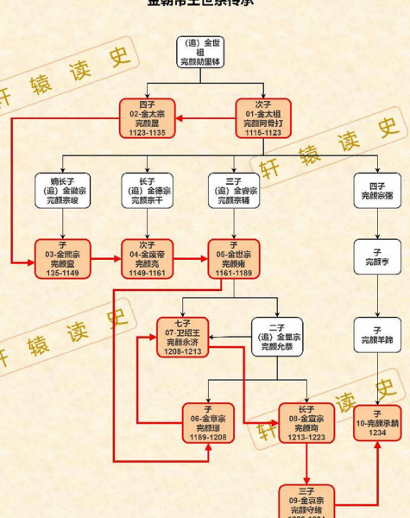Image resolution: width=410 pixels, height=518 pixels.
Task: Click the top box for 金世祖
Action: coord(205,53)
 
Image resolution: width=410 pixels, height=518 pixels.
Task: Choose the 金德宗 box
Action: coord(148,190)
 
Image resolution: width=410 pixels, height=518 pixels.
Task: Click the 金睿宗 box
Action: coord(234,190)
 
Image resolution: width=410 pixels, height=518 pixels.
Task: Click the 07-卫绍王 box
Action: coord(183,338)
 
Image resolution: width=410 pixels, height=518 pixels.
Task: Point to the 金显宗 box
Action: coord(277,338)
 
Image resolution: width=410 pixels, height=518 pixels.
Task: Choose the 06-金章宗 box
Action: coord(208,422)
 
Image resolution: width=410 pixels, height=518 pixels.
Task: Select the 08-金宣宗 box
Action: coord(306,422)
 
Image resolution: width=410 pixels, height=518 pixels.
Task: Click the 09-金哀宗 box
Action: coord(306,501)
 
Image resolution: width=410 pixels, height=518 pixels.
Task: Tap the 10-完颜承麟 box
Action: coord(377,422)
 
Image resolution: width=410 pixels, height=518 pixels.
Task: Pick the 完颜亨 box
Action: coord(377,256)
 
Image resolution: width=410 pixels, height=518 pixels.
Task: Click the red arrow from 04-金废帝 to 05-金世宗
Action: coord(190,258)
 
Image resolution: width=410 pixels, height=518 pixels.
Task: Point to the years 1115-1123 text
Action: coord(263,134)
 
